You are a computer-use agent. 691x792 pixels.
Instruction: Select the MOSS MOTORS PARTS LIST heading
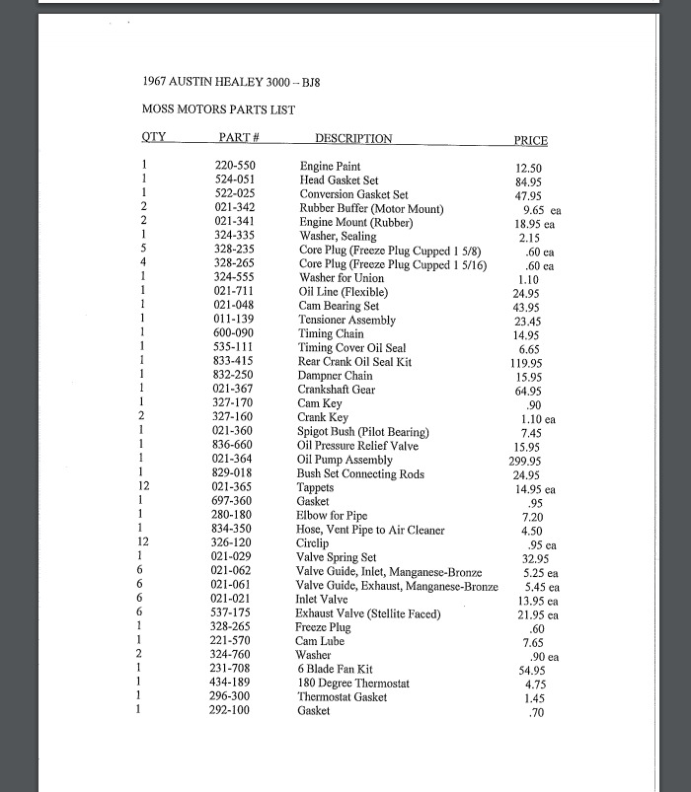pyautogui.click(x=218, y=109)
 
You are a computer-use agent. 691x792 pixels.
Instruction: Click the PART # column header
pyautogui.click(x=239, y=138)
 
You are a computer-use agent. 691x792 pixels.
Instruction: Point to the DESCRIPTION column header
pyautogui.click(x=353, y=139)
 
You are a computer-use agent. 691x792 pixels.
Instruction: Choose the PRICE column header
pyautogui.click(x=530, y=140)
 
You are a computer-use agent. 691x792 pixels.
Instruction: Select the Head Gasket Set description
pyautogui.click(x=339, y=180)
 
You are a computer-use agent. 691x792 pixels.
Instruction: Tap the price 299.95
pyautogui.click(x=527, y=461)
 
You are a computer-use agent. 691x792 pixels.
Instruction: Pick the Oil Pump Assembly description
pyautogui.click(x=345, y=460)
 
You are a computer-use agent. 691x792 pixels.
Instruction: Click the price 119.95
pyautogui.click(x=527, y=363)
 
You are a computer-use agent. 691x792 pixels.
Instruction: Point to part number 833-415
pyautogui.click(x=235, y=362)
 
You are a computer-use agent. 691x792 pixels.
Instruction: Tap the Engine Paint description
pyautogui.click(x=330, y=167)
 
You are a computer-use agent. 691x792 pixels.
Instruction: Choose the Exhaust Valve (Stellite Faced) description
pyautogui.click(x=368, y=613)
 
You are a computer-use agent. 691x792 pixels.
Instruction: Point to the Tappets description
pyautogui.click(x=316, y=488)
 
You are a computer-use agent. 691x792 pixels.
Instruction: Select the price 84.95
pyautogui.click(x=528, y=181)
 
